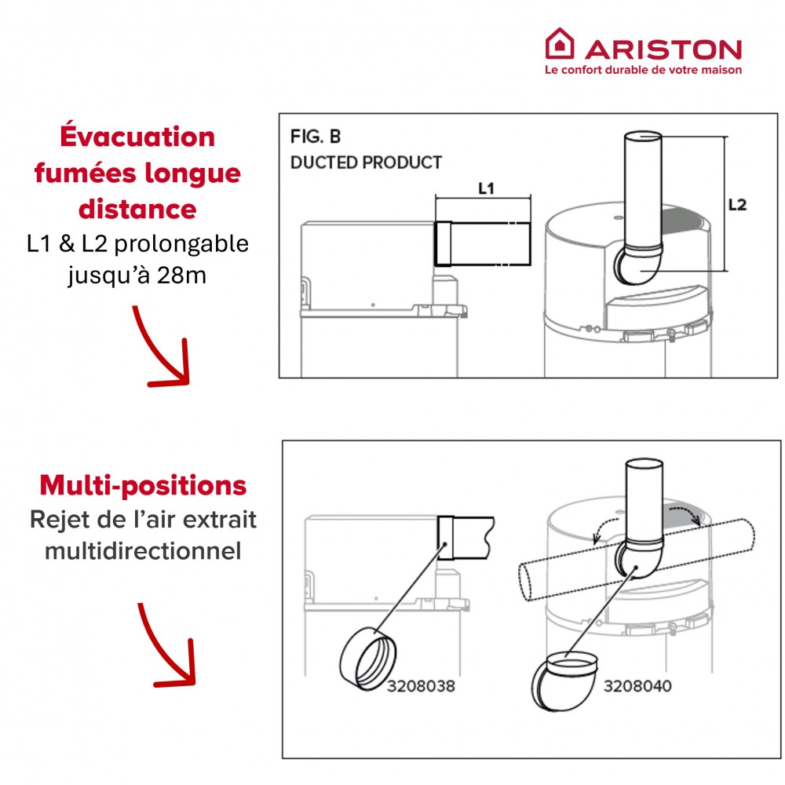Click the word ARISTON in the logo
point(663,50)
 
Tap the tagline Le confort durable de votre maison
point(644,70)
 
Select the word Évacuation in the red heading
point(137,136)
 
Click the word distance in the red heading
point(137,209)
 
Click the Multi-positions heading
point(143,486)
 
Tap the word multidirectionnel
point(143,551)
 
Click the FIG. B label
point(316,136)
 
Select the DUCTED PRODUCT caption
point(366,162)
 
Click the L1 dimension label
point(486,188)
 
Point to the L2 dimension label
point(737,204)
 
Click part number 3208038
point(421,685)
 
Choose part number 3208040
point(637,685)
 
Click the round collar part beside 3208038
point(368,659)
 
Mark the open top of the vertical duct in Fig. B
point(644,135)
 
